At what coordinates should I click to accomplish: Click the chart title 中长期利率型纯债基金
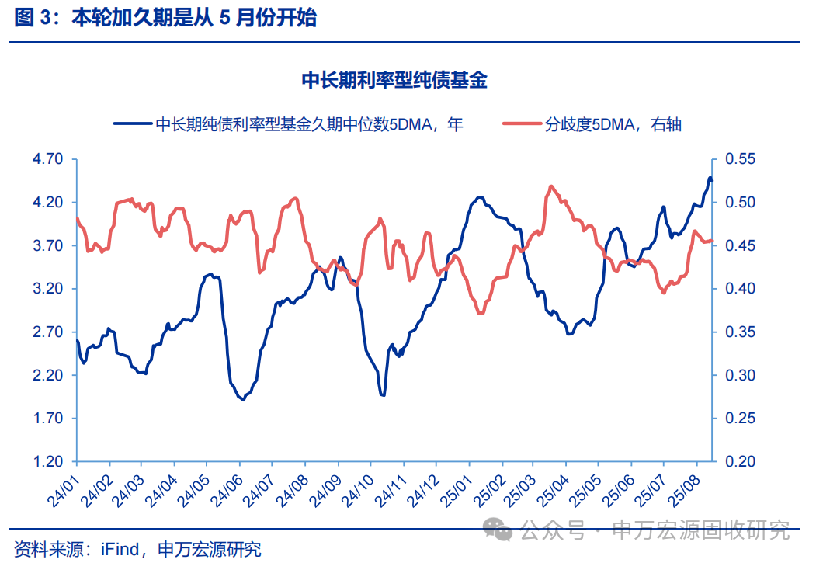pos(394,80)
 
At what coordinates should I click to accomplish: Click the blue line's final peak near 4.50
pos(710,178)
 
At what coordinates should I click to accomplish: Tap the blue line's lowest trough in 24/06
pos(245,399)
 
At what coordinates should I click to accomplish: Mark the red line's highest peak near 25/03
pos(550,186)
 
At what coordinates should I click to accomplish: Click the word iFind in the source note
pos(120,550)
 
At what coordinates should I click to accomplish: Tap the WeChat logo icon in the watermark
pos(498,530)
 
